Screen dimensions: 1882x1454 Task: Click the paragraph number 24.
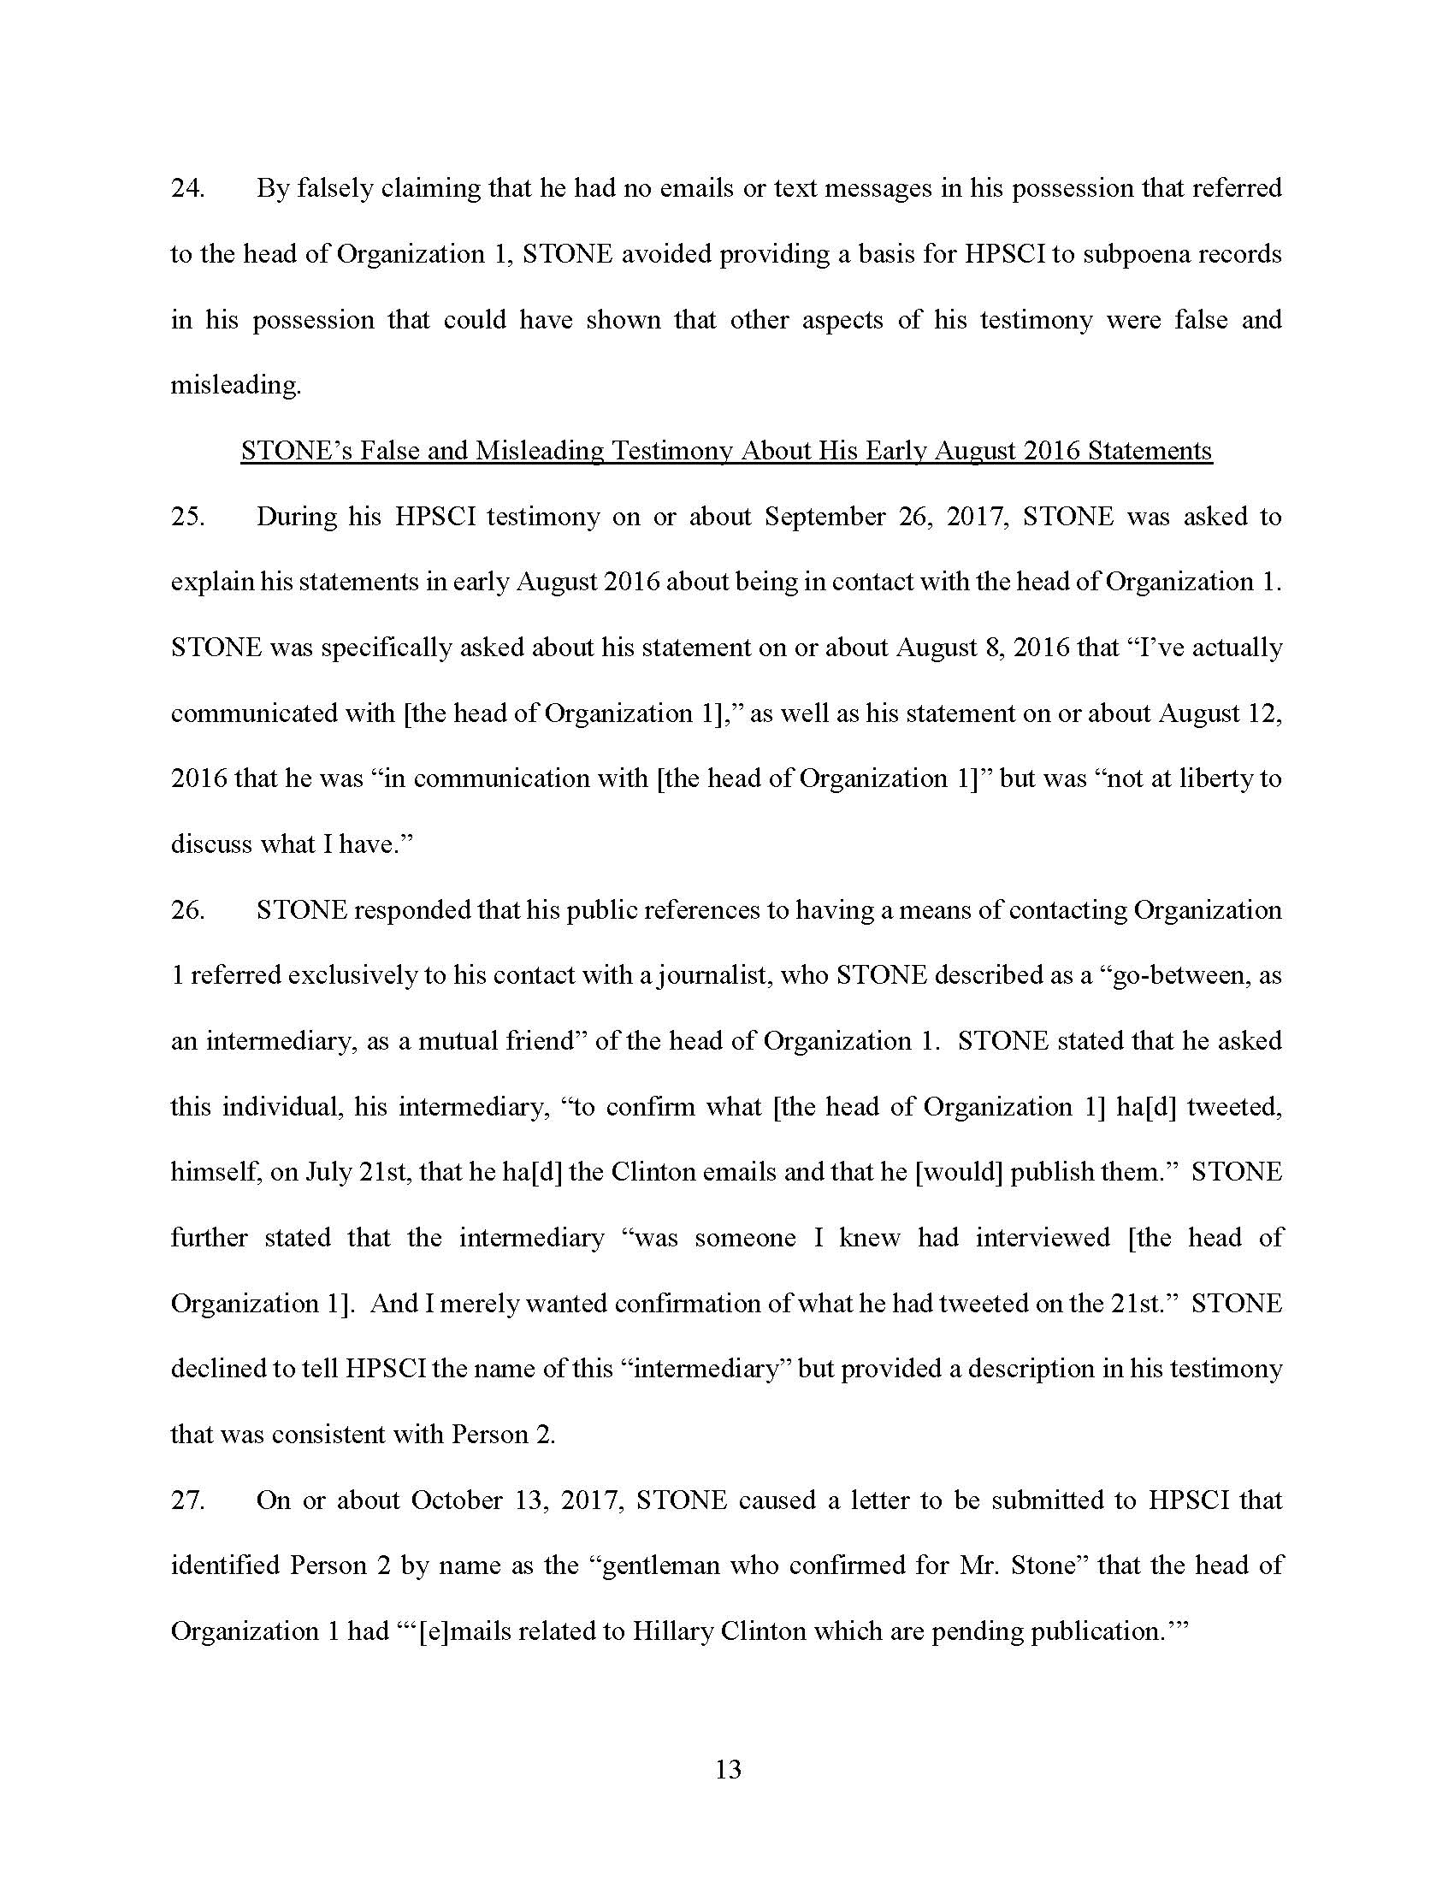[187, 189]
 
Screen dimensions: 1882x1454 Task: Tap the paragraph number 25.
[187, 517]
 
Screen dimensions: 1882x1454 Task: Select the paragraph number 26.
[187, 911]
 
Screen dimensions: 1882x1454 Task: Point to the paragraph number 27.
[187, 1500]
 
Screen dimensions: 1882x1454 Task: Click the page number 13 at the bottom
[728, 1770]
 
